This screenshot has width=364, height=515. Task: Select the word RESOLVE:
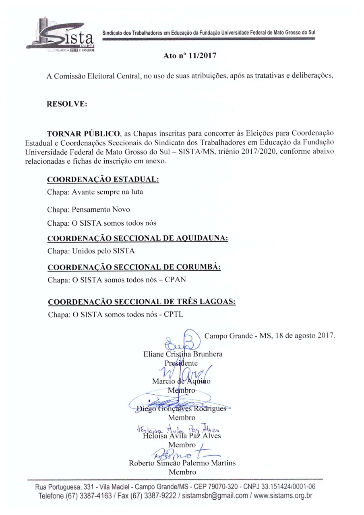[67, 103]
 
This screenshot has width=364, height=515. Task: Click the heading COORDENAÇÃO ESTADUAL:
[103, 179]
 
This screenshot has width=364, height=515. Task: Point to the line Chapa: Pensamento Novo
[89, 210]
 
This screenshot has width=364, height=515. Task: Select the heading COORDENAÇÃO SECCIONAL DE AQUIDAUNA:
[138, 239]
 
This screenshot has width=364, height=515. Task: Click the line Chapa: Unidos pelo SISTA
[91, 251]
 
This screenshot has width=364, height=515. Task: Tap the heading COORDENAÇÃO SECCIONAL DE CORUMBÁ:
[134, 268]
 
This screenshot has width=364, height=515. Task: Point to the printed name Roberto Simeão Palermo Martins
[182, 463]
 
